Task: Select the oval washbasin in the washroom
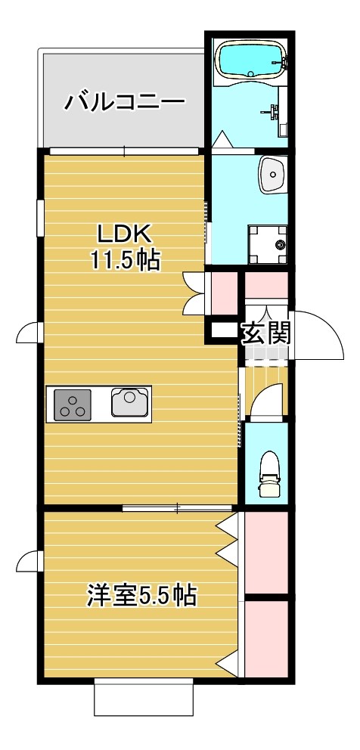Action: pos(272,175)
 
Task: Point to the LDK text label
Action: pos(125,232)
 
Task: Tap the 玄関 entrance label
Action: pos(266,332)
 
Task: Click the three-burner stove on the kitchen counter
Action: pos(73,404)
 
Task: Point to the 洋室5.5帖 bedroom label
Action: pos(141,596)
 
